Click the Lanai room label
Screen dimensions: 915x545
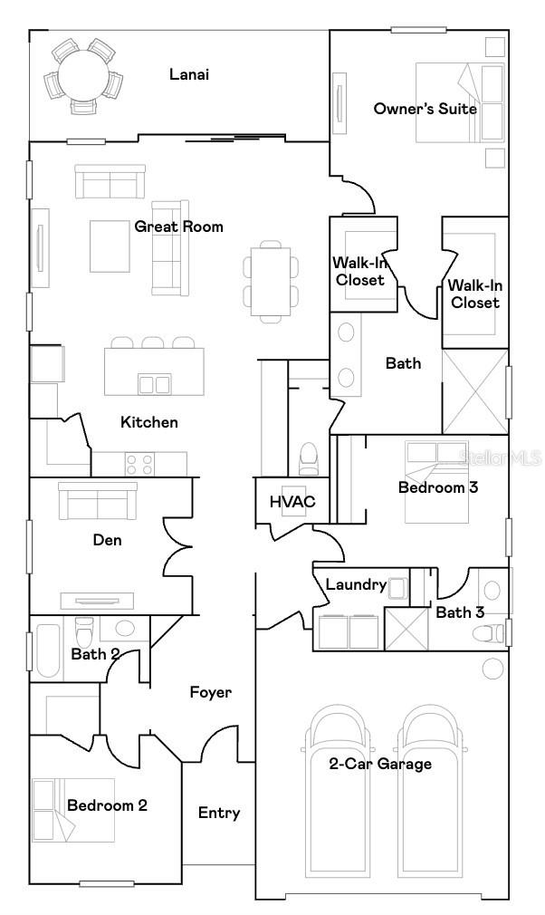click(x=189, y=74)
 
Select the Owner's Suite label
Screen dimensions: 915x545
click(x=425, y=109)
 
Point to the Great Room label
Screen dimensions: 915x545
click(x=178, y=226)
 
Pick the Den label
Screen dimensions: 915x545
click(x=107, y=540)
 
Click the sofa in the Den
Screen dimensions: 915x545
click(x=98, y=499)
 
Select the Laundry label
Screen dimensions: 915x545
click(x=355, y=585)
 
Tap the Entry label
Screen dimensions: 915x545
click(x=219, y=813)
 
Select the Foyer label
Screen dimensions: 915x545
click(x=210, y=692)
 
